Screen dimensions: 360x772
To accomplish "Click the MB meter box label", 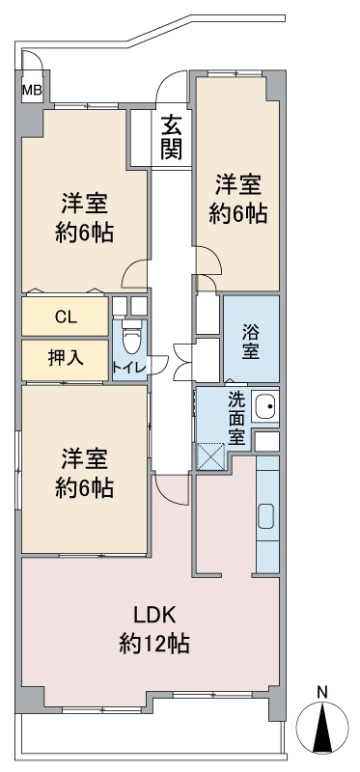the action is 33,90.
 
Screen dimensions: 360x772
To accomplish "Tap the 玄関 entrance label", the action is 172,137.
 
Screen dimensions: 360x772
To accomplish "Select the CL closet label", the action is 66,317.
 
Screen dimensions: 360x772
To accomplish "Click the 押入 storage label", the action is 66,358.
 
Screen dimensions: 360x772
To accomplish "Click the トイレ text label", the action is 129,367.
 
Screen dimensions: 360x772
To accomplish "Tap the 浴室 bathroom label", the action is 251,341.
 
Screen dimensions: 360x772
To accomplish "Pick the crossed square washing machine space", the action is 210,456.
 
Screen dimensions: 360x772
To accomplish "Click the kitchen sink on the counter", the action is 267,516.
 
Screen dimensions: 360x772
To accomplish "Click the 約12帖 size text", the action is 155,643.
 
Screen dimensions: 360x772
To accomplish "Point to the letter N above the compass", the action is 322,693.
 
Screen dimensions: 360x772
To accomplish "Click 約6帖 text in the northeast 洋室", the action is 237,214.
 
